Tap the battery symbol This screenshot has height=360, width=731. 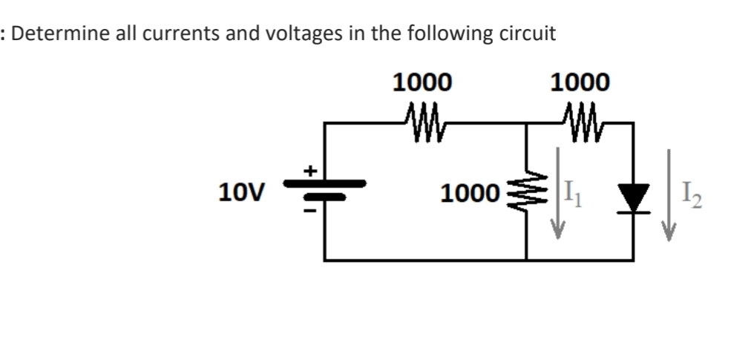click(x=324, y=190)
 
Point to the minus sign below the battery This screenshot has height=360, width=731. click(x=312, y=210)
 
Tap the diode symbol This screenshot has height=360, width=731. click(x=632, y=197)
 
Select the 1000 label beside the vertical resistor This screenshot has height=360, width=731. click(x=467, y=194)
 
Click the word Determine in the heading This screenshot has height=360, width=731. click(x=56, y=35)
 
